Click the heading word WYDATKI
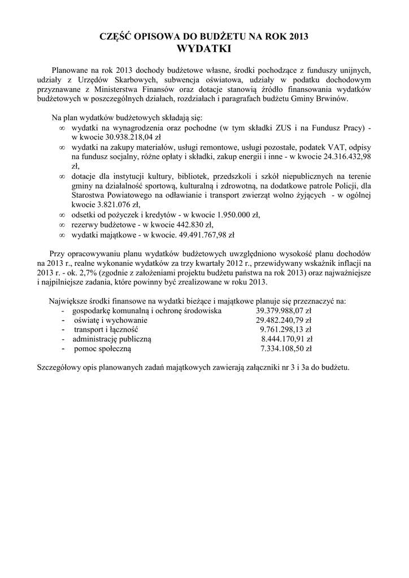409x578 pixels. click(x=204, y=49)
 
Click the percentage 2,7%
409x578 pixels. click(x=83, y=272)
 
